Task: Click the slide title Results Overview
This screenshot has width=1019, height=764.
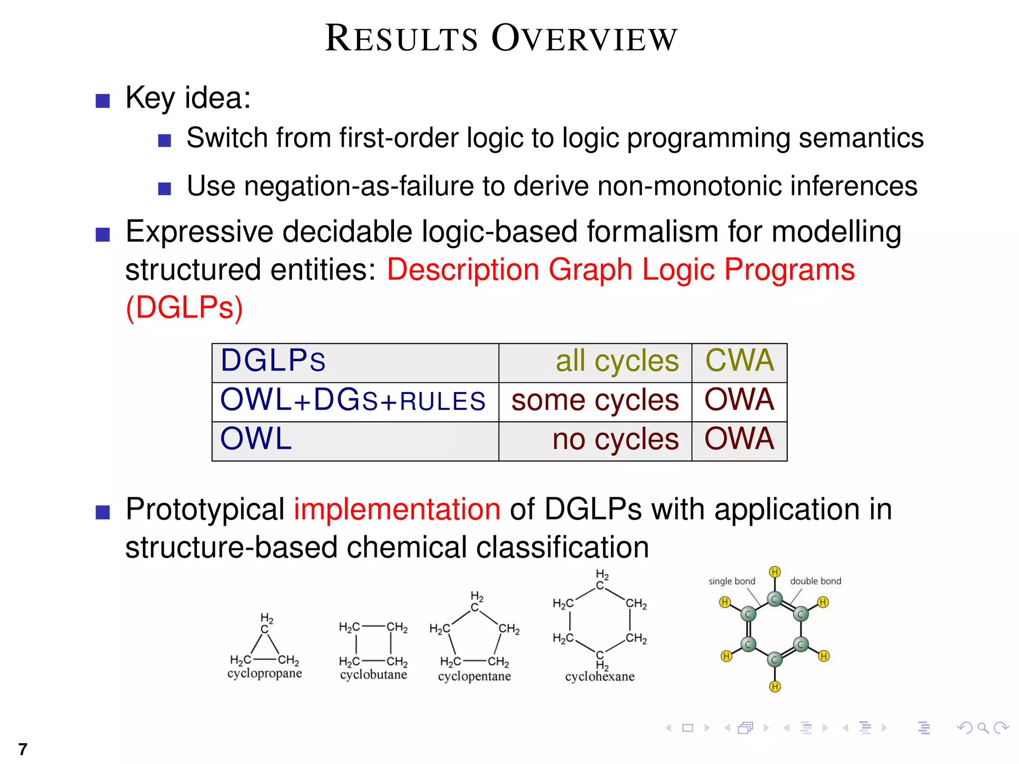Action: coord(501,38)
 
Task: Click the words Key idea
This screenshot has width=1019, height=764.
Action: coord(188,97)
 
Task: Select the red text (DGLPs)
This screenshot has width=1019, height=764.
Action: coord(184,307)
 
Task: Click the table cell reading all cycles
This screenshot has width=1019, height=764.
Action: coord(616,361)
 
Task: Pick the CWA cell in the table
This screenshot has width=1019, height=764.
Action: coord(739,361)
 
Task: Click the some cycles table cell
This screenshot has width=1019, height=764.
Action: coord(595,400)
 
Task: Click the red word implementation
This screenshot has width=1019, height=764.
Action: coord(397,510)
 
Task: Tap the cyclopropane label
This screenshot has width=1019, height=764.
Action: coord(264,673)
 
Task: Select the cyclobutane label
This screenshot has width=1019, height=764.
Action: coord(373,675)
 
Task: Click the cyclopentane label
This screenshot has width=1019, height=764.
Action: coord(474,676)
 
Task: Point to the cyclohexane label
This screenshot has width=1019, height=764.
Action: coord(600,676)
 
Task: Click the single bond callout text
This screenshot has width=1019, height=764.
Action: coord(731,581)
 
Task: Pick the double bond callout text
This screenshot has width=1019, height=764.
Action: coord(815,581)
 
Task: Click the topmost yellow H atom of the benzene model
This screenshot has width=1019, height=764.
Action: coord(775,572)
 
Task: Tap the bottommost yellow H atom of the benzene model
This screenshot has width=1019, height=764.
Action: coord(775,687)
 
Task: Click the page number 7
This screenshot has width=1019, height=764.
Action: coord(22,749)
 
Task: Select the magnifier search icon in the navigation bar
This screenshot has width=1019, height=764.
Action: coord(983,728)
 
